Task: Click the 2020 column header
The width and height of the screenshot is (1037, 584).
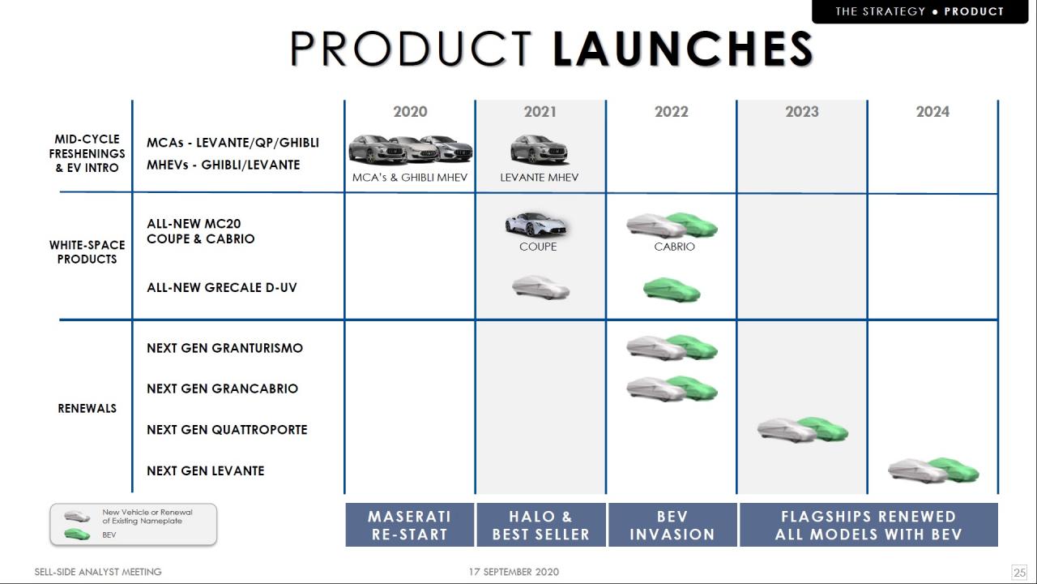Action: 410,112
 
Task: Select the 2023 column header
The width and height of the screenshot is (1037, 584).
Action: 802,112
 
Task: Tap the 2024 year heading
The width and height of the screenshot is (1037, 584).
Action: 932,112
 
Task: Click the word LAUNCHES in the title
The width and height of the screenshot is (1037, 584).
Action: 683,49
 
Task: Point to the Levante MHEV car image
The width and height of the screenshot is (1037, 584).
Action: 540,149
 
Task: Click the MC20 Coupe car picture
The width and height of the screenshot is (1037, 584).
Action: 536,225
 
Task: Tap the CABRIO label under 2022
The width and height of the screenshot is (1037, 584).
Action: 674,247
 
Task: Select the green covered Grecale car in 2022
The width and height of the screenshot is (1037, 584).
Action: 672,290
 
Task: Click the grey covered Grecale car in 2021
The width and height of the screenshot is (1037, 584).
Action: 540,287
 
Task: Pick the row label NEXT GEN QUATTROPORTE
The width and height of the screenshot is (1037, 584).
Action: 227,430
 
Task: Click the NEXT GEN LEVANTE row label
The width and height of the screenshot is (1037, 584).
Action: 206,471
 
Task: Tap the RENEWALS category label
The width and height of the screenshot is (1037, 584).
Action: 87,408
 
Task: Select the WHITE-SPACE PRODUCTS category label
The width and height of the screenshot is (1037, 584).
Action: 87,251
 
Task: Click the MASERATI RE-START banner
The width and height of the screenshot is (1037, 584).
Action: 410,525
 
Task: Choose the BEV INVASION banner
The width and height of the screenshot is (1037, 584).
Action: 672,525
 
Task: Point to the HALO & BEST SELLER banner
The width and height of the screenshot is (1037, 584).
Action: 541,525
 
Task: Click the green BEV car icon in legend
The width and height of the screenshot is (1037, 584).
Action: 77,535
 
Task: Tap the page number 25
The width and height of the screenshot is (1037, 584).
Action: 1019,572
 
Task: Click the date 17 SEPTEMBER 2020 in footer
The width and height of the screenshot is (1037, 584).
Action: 514,572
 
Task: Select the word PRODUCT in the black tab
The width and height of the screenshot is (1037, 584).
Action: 974,11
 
